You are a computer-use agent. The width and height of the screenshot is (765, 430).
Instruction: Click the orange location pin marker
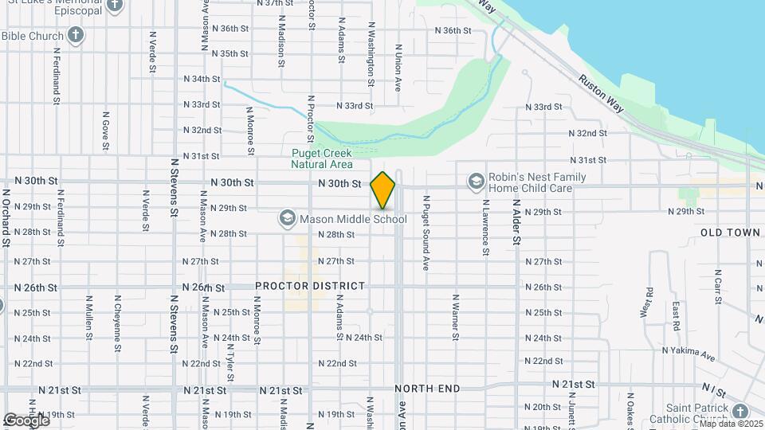point(382,190)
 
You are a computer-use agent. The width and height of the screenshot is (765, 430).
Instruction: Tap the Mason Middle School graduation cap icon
point(287,217)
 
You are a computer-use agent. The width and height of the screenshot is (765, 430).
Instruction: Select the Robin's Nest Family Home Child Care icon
point(477,182)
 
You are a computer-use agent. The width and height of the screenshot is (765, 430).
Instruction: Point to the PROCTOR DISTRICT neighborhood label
point(310,286)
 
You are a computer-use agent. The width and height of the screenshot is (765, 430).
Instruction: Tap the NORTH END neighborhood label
point(427,389)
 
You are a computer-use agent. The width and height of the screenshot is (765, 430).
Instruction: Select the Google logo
point(25,420)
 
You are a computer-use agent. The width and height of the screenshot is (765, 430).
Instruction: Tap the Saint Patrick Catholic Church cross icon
point(740,412)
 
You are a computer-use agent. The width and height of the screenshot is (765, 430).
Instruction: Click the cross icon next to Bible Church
point(76,35)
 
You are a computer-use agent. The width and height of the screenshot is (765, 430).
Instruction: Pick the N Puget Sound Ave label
point(426,233)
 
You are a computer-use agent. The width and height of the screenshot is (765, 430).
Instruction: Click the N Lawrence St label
point(484,227)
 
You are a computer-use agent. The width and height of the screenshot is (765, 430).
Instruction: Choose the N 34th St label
point(201,79)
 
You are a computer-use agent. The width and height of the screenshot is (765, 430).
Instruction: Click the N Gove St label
point(105,131)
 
